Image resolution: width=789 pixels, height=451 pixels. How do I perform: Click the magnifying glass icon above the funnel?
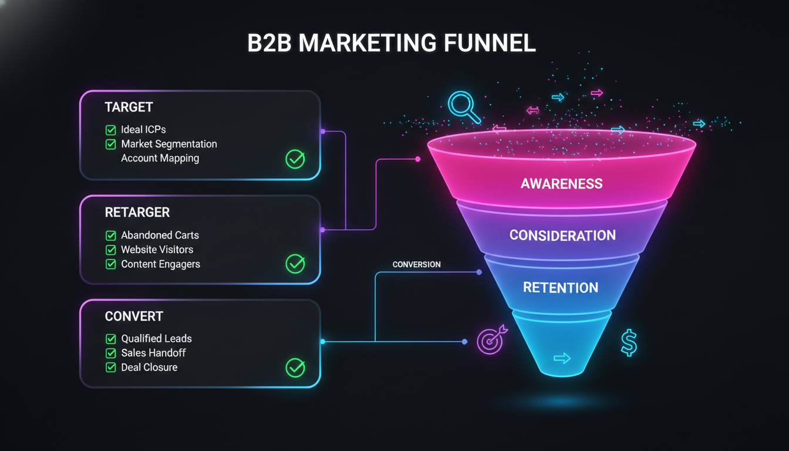click(463, 105)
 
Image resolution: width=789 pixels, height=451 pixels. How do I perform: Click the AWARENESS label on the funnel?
click(561, 183)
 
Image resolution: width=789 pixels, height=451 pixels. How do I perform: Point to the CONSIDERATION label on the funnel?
click(562, 235)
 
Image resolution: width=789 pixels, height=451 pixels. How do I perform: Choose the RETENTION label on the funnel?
click(561, 288)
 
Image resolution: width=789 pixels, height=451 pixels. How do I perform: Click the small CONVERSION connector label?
click(416, 264)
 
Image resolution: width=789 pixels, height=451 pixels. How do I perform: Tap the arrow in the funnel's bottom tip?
click(562, 358)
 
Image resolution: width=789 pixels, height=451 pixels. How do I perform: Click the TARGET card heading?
click(129, 107)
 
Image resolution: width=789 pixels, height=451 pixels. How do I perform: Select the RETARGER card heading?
click(137, 212)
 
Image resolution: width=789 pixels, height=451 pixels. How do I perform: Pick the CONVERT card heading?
click(133, 316)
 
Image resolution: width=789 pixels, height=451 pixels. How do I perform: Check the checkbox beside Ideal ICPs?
click(110, 130)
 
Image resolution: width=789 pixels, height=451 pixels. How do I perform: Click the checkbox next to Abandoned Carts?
click(110, 235)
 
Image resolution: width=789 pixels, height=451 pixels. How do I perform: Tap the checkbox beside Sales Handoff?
click(110, 353)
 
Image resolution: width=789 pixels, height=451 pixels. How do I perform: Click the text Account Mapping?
click(160, 158)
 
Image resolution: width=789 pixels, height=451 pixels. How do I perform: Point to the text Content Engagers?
click(160, 264)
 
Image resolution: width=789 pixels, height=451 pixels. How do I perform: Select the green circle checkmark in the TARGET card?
click(295, 159)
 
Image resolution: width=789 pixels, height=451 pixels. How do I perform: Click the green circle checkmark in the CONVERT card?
click(295, 368)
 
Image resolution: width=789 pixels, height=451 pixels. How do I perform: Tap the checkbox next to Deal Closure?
click(110, 368)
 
